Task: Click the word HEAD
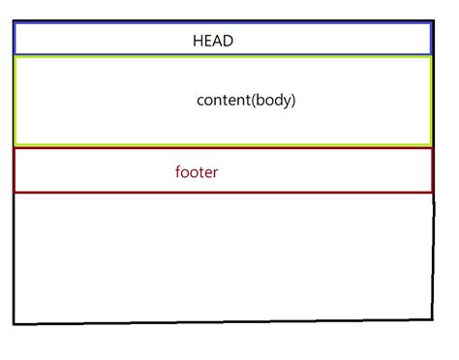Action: pyautogui.click(x=213, y=42)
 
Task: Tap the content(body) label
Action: pyautogui.click(x=246, y=100)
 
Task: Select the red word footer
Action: pyautogui.click(x=197, y=173)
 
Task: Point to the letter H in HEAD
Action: pyautogui.click(x=198, y=42)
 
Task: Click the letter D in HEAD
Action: pyautogui.click(x=229, y=42)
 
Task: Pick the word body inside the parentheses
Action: pyautogui.click(x=273, y=100)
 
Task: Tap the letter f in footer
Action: pyautogui.click(x=178, y=172)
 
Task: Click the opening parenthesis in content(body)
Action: pyautogui.click(x=253, y=100)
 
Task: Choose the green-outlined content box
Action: pyautogui.click(x=97, y=116)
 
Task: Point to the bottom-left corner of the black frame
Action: pyautogui.click(x=15, y=323)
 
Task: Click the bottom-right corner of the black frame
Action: pyautogui.click(x=431, y=316)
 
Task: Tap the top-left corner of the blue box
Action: pyautogui.click(x=15, y=24)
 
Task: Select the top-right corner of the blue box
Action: pyautogui.click(x=430, y=24)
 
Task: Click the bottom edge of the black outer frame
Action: pyautogui.click(x=223, y=319)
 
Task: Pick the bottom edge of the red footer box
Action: pyautogui.click(x=223, y=192)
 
